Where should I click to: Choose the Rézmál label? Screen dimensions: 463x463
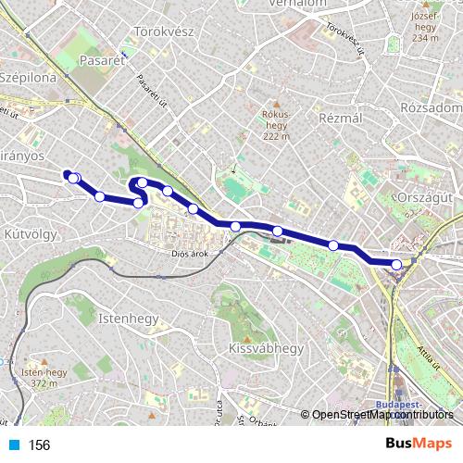(339, 119)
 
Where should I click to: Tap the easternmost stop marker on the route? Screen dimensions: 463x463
(396, 265)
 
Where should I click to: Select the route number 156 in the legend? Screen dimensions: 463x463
(39, 445)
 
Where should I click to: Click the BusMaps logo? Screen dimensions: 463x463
(419, 444)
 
